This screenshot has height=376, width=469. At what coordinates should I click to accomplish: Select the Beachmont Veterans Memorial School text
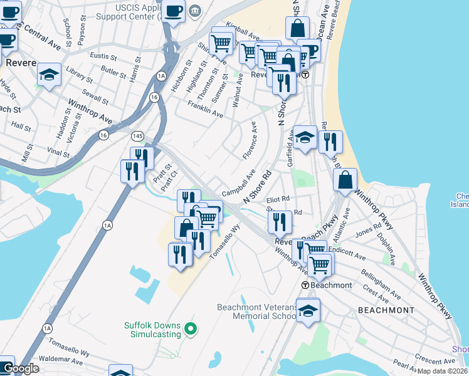[256, 311]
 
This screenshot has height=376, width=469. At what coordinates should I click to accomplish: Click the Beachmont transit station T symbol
[305, 285]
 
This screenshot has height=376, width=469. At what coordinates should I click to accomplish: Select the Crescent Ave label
[429, 360]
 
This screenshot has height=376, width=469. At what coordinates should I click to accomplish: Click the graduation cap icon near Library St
[49, 75]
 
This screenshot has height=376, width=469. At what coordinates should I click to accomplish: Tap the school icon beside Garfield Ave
[305, 138]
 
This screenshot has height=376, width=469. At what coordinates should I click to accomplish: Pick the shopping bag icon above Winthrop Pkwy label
[345, 180]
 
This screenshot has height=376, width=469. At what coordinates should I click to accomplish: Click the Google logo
[21, 368]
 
